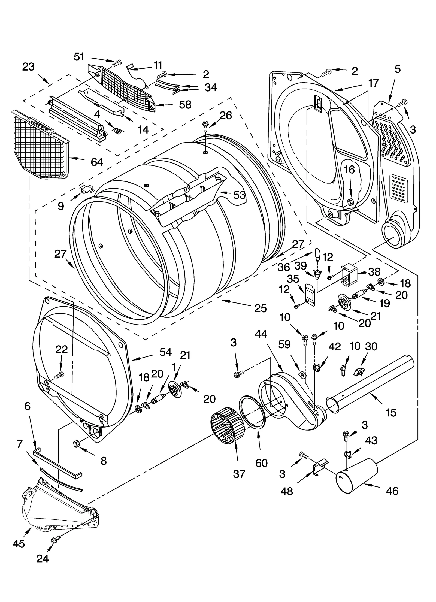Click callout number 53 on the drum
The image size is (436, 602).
click(x=240, y=195)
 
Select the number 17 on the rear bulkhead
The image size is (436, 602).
click(x=373, y=83)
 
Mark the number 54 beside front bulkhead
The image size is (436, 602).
click(x=165, y=352)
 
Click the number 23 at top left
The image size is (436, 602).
click(x=28, y=66)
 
